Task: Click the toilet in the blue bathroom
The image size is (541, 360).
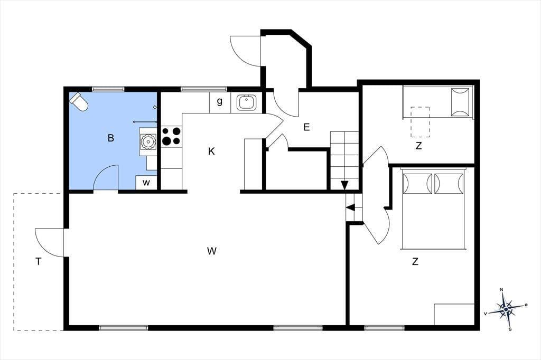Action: tap(79, 102)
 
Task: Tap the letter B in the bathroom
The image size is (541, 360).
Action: tap(111, 138)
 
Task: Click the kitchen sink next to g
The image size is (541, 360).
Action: tap(246, 103)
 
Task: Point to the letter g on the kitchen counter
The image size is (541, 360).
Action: tap(219, 102)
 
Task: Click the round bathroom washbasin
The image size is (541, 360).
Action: tap(148, 141)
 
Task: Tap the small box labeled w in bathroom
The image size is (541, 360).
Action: tap(146, 183)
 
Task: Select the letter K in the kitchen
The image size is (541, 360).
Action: tap(211, 151)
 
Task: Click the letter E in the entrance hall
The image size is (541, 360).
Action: tap(306, 127)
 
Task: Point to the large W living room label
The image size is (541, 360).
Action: tap(212, 251)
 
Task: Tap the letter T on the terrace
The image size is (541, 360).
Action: tap(38, 262)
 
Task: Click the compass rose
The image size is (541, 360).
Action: tap(506, 309)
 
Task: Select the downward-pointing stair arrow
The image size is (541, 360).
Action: tap(344, 185)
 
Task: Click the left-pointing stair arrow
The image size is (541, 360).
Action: tap(351, 207)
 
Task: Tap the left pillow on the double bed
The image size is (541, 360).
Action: tap(417, 184)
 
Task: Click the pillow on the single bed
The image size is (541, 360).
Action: tap(460, 102)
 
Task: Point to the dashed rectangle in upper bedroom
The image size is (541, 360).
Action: tap(420, 122)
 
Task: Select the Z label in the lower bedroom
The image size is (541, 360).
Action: tap(415, 261)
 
